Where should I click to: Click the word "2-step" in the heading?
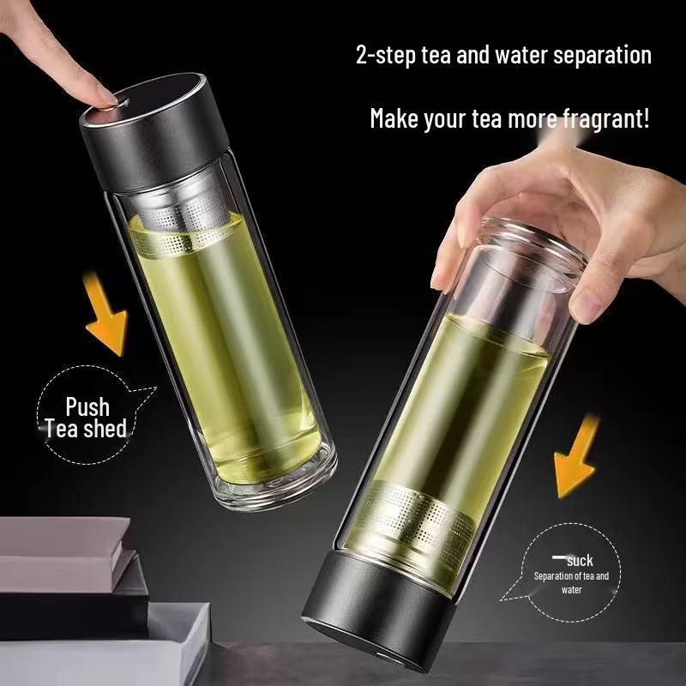click(384, 56)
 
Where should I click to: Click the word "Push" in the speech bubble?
click(87, 406)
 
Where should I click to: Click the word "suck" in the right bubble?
click(580, 561)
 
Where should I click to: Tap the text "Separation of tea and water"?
click(571, 582)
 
